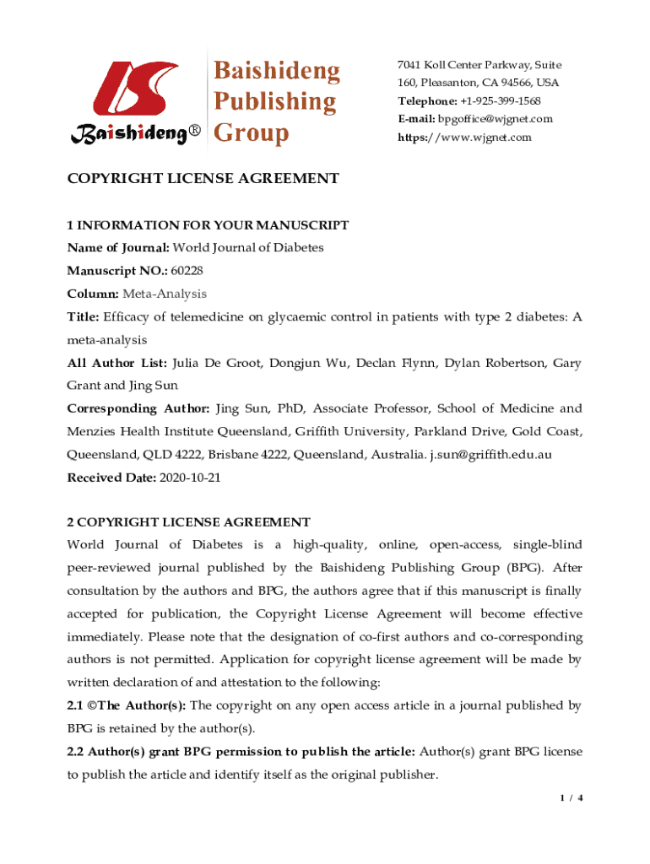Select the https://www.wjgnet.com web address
click(x=465, y=137)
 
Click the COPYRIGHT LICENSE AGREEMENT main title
click(x=203, y=178)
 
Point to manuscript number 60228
click(x=187, y=271)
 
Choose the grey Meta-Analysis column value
click(x=164, y=294)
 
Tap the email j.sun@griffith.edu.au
click(x=491, y=454)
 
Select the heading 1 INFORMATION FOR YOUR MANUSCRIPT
click(x=208, y=225)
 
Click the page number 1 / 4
click(x=571, y=796)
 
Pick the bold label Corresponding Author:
click(x=138, y=408)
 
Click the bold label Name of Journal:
click(x=118, y=248)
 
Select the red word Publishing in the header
click(x=274, y=102)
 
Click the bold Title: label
click(x=83, y=317)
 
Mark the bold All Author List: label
click(x=116, y=363)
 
